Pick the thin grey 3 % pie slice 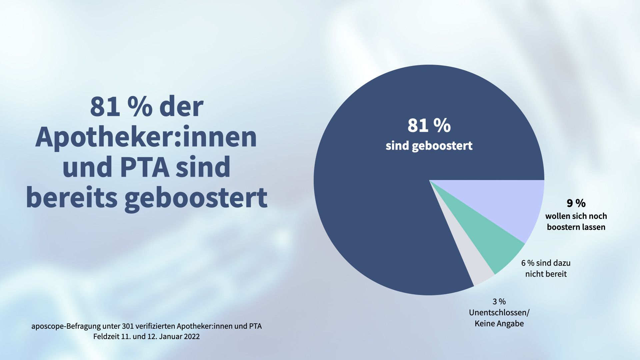pos(477,273)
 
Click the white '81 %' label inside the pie pos(429,126)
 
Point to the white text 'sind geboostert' pos(429,146)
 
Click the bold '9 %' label pos(576,203)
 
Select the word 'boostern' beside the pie pos(562,227)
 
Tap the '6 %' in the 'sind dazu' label pos(528,263)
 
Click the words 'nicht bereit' pos(546,274)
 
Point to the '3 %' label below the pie pos(499,302)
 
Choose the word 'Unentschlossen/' pos(499,313)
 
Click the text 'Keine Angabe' pos(499,324)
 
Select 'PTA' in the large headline pos(145,167)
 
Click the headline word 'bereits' pos(72,197)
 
